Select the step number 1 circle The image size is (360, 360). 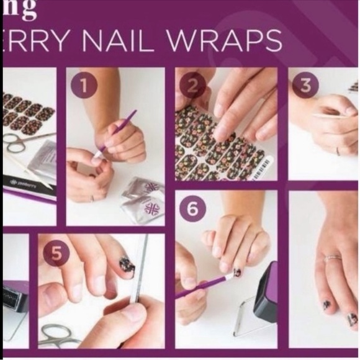point(84,86)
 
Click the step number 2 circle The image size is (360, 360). point(192,86)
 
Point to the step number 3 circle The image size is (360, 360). point(305,86)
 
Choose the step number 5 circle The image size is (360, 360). point(57,253)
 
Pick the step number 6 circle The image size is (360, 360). point(192,209)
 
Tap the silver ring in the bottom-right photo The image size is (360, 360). point(333,258)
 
